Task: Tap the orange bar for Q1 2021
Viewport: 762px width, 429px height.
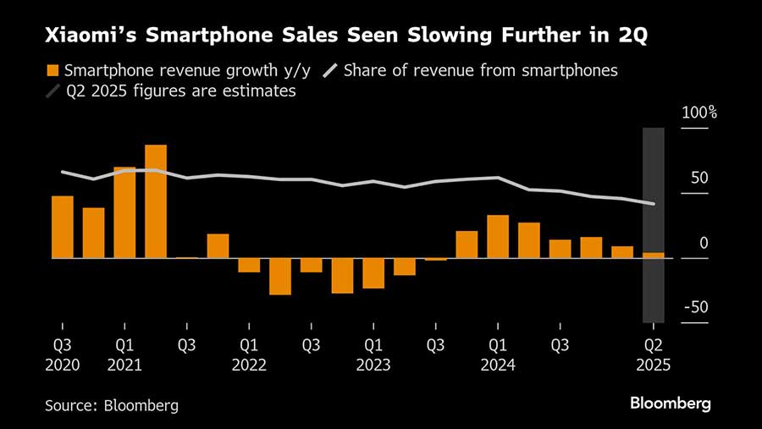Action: (124, 212)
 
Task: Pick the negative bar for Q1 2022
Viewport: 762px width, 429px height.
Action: (249, 265)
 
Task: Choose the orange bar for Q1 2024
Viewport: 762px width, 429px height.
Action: (498, 236)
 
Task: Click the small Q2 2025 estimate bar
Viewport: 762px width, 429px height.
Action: (654, 255)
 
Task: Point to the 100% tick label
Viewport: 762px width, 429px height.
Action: (700, 113)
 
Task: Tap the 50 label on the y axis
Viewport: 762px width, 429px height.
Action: (698, 178)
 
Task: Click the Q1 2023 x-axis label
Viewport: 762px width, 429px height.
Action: (373, 355)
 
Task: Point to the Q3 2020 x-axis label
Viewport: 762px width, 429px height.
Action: (63, 355)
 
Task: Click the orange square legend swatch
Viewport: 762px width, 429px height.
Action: (53, 71)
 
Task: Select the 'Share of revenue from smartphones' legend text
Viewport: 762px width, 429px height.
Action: (482, 71)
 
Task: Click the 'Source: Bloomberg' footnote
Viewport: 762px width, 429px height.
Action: (112, 405)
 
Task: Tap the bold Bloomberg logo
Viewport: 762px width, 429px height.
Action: (670, 403)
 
